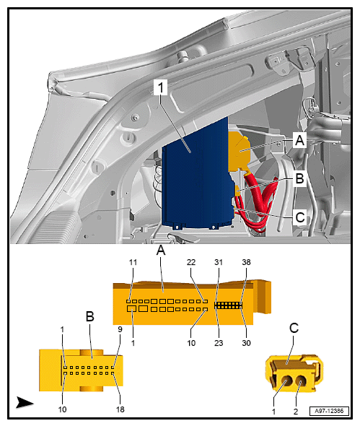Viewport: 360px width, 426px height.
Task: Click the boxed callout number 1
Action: [x=160, y=87]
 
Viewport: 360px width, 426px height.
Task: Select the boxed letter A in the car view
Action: [x=299, y=140]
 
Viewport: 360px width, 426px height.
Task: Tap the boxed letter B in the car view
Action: [x=299, y=178]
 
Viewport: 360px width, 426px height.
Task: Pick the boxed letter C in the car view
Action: [x=299, y=217]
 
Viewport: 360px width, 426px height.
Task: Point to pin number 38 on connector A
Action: [x=246, y=262]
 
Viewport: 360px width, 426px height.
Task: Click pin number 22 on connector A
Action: [x=191, y=262]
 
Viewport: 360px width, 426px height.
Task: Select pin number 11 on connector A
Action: [x=133, y=262]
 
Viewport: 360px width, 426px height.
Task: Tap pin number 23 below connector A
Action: [x=219, y=343]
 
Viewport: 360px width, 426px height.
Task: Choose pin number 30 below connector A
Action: [x=246, y=343]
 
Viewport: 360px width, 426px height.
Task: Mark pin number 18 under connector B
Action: [x=120, y=409]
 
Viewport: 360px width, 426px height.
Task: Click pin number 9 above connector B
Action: [x=120, y=329]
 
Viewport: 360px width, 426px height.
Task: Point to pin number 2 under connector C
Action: [x=296, y=412]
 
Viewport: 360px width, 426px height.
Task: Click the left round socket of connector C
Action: [x=286, y=381]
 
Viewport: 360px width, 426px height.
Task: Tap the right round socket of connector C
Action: [x=301, y=381]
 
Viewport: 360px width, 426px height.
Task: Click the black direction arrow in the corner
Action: [x=25, y=402]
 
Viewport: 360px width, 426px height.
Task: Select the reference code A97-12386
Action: [x=329, y=411]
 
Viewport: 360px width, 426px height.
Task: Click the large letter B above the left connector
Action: [x=90, y=316]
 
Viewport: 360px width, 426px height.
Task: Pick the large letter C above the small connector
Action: [x=294, y=328]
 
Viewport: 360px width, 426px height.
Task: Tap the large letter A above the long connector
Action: [x=161, y=251]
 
